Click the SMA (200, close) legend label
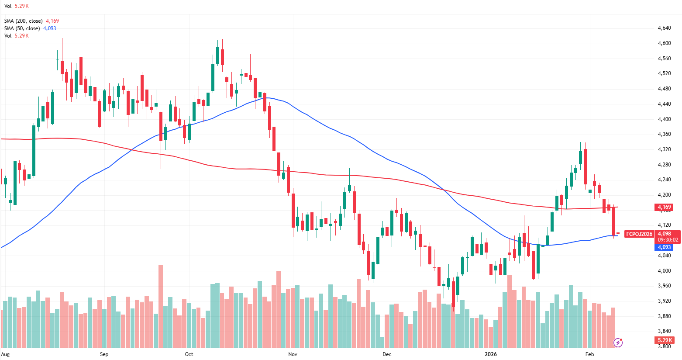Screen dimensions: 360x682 tap(24, 21)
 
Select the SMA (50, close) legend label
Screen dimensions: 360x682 tap(22, 28)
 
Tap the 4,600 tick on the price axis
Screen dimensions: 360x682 tap(664, 43)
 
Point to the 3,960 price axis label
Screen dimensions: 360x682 tap(664, 286)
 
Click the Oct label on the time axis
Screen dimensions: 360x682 tap(189, 354)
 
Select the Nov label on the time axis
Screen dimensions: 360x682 tap(293, 354)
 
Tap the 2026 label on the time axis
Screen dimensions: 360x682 tap(491, 354)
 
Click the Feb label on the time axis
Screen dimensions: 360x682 tap(589, 354)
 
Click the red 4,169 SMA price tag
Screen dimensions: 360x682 tap(664, 207)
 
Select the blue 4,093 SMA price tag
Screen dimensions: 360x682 tap(664, 247)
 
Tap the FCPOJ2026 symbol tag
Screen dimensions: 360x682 tap(639, 234)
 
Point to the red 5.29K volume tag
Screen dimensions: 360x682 tap(664, 340)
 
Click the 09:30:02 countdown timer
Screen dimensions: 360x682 tap(668, 240)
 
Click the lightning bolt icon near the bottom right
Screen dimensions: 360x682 tap(618, 343)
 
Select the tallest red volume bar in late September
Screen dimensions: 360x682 tap(161, 306)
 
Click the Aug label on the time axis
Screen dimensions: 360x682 tap(5, 354)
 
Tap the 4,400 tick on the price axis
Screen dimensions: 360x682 tap(664, 119)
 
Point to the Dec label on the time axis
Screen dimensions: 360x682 tap(387, 354)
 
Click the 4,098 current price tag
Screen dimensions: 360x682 tap(664, 234)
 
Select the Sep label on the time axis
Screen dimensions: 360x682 tap(104, 354)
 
